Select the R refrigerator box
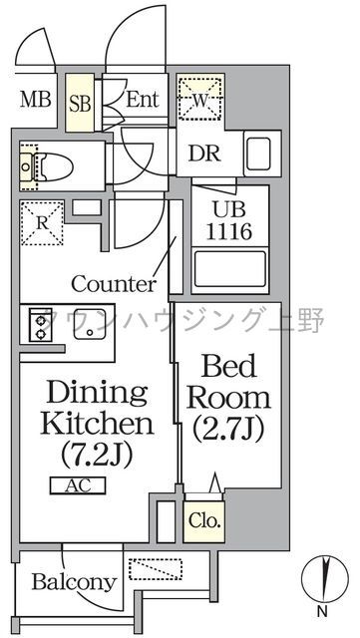41,222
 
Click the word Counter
114,283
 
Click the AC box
76,486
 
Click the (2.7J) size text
229,430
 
